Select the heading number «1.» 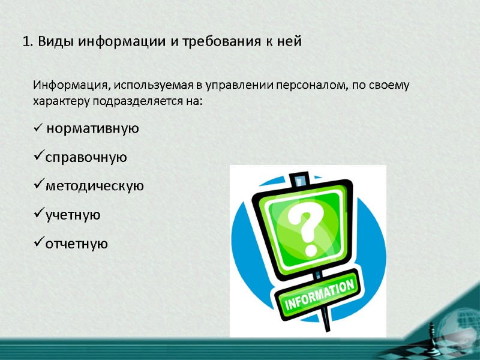click(x=27, y=42)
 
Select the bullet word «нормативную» click(x=92, y=128)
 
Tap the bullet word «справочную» click(x=86, y=157)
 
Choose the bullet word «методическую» click(x=94, y=186)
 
